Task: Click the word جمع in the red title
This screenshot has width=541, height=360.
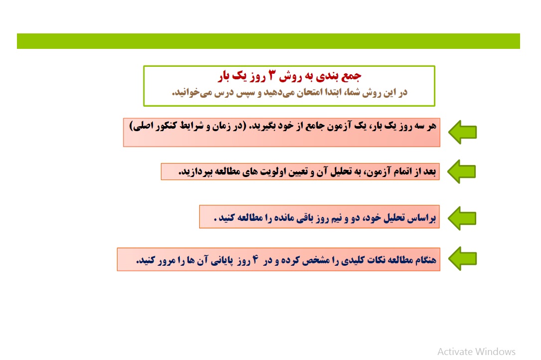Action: [351, 76]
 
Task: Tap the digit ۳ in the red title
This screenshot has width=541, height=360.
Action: [272, 75]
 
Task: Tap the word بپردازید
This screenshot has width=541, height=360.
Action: [195, 172]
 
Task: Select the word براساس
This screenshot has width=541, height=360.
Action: [421, 218]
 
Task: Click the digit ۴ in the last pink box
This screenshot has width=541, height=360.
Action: [256, 259]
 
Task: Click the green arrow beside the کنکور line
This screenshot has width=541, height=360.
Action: [462, 132]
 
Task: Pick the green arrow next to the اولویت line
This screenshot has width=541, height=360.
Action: [462, 172]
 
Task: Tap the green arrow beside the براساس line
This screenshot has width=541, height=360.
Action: [462, 218]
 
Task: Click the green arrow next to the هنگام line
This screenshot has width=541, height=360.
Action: [462, 258]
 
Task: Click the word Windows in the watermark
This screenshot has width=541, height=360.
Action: [495, 352]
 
